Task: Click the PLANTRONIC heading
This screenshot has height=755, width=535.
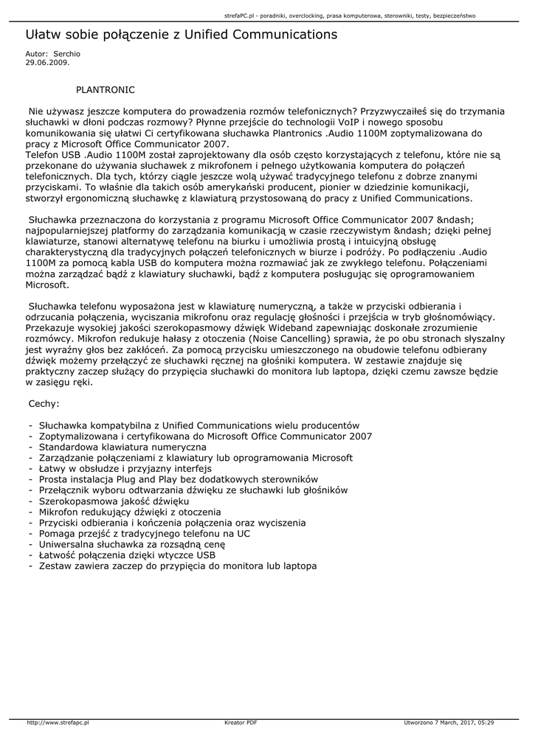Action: [x=106, y=89]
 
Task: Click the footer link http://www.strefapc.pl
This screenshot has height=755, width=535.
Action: [x=58, y=723]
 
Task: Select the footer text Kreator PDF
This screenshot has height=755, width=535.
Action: [x=240, y=723]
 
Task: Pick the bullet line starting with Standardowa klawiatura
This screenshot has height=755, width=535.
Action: [x=122, y=447]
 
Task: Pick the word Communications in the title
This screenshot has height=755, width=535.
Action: [x=283, y=35]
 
